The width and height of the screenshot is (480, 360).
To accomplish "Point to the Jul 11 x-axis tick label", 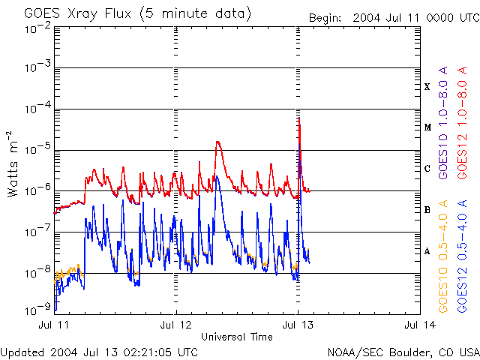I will [54, 325].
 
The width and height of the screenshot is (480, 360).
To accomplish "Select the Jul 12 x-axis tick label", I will [176, 325].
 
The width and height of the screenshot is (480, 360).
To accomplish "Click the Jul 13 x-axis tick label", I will [298, 325].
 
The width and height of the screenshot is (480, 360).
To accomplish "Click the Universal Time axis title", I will [237, 337].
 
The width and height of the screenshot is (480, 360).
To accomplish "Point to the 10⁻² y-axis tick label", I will [37, 28].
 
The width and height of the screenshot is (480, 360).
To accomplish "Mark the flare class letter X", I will [427, 87].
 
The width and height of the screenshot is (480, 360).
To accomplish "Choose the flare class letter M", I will [427, 127].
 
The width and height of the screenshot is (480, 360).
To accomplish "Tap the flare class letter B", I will [427, 209].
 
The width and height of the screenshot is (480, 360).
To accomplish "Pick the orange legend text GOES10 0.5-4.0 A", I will [443, 256].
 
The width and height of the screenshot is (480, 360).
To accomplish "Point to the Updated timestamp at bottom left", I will [99, 351].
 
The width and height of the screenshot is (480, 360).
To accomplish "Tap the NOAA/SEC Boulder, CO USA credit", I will [403, 351].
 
